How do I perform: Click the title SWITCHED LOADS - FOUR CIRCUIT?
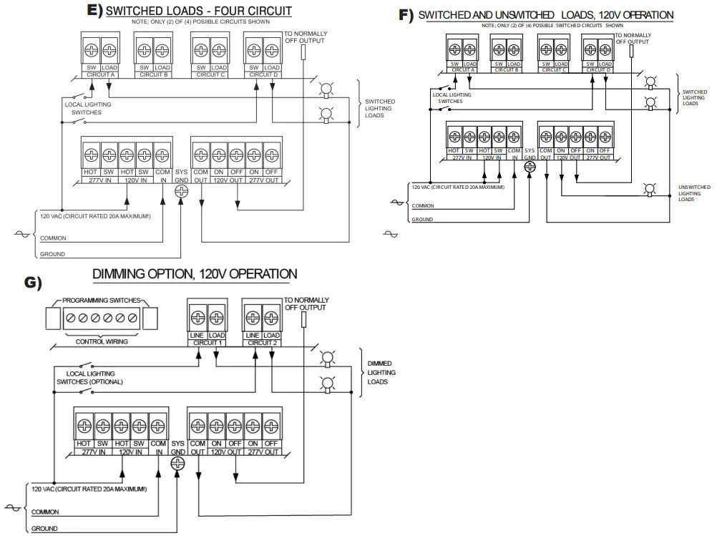199,11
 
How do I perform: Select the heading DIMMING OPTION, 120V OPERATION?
195,274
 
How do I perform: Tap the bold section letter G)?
34,282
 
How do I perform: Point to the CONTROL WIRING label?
102,342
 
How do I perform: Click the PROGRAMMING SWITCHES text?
102,301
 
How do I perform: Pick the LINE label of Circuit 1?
197,336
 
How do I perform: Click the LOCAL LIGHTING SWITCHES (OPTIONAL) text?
90,378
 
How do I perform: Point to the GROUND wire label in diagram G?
44,529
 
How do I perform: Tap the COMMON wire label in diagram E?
52,238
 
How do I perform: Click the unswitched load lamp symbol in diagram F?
650,189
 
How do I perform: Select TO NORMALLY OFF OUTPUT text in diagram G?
307,303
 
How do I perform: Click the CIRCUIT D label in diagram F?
598,70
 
